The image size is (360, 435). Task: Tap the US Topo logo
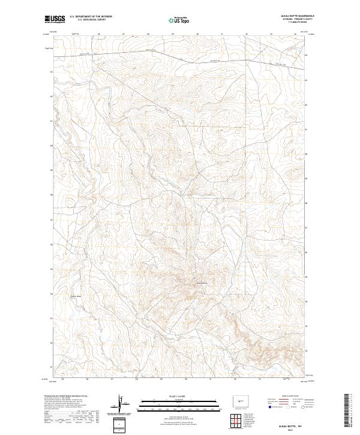coord(179,20)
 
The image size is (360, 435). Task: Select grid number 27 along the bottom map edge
coord(112,379)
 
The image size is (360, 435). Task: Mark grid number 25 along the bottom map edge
coord(63,379)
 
